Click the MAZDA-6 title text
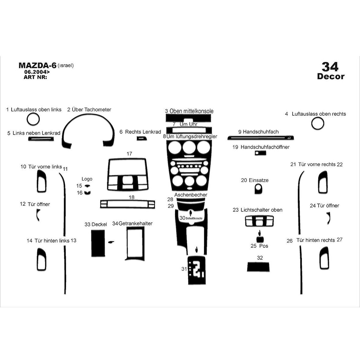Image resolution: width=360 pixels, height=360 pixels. [38, 65]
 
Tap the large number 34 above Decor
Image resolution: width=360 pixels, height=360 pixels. [330, 67]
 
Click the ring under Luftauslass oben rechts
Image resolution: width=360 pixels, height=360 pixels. [318, 123]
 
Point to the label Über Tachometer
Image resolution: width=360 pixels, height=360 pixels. [92, 110]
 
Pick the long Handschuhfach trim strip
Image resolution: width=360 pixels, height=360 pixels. [261, 138]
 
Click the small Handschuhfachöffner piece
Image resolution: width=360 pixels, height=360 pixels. [260, 153]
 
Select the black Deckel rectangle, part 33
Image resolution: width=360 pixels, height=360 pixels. [98, 243]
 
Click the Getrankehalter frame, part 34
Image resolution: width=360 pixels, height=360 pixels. [135, 244]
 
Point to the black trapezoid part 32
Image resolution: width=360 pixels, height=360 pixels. [258, 267]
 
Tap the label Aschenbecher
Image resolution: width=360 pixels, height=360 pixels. [191, 195]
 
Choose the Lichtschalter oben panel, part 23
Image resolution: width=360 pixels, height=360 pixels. [259, 221]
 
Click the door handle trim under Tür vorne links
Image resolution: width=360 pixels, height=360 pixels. [41, 182]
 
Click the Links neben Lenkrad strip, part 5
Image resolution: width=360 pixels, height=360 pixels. [41, 139]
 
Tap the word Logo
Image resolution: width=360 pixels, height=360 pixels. [87, 179]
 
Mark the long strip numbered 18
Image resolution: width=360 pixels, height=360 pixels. [128, 204]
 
